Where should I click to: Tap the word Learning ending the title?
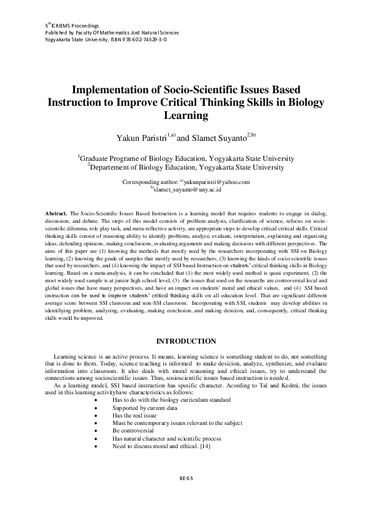pyautogui.click(x=186, y=115)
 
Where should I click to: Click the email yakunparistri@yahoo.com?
pyautogui.click(x=216, y=182)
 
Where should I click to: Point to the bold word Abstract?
pyautogui.click(x=57, y=214)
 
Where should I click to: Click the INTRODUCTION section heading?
pyautogui.click(x=186, y=340)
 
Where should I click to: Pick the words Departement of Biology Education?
pyautogui.click(x=144, y=167)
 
